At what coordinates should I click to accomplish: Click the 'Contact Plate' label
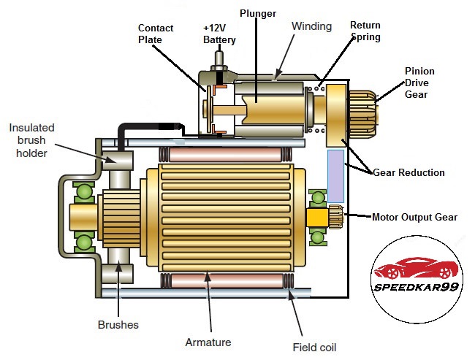(x=156, y=34)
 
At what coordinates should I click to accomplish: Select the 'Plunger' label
(x=257, y=13)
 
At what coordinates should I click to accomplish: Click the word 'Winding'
(x=312, y=26)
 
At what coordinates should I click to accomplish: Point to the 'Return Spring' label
(x=365, y=31)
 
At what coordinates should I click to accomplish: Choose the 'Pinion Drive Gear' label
(x=419, y=83)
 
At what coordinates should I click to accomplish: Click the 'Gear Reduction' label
(x=408, y=172)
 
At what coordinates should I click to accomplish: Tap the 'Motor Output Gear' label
(x=414, y=217)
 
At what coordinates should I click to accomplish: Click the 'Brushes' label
(x=118, y=324)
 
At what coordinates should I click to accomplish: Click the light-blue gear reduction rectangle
(x=335, y=175)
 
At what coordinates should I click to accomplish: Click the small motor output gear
(x=336, y=217)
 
